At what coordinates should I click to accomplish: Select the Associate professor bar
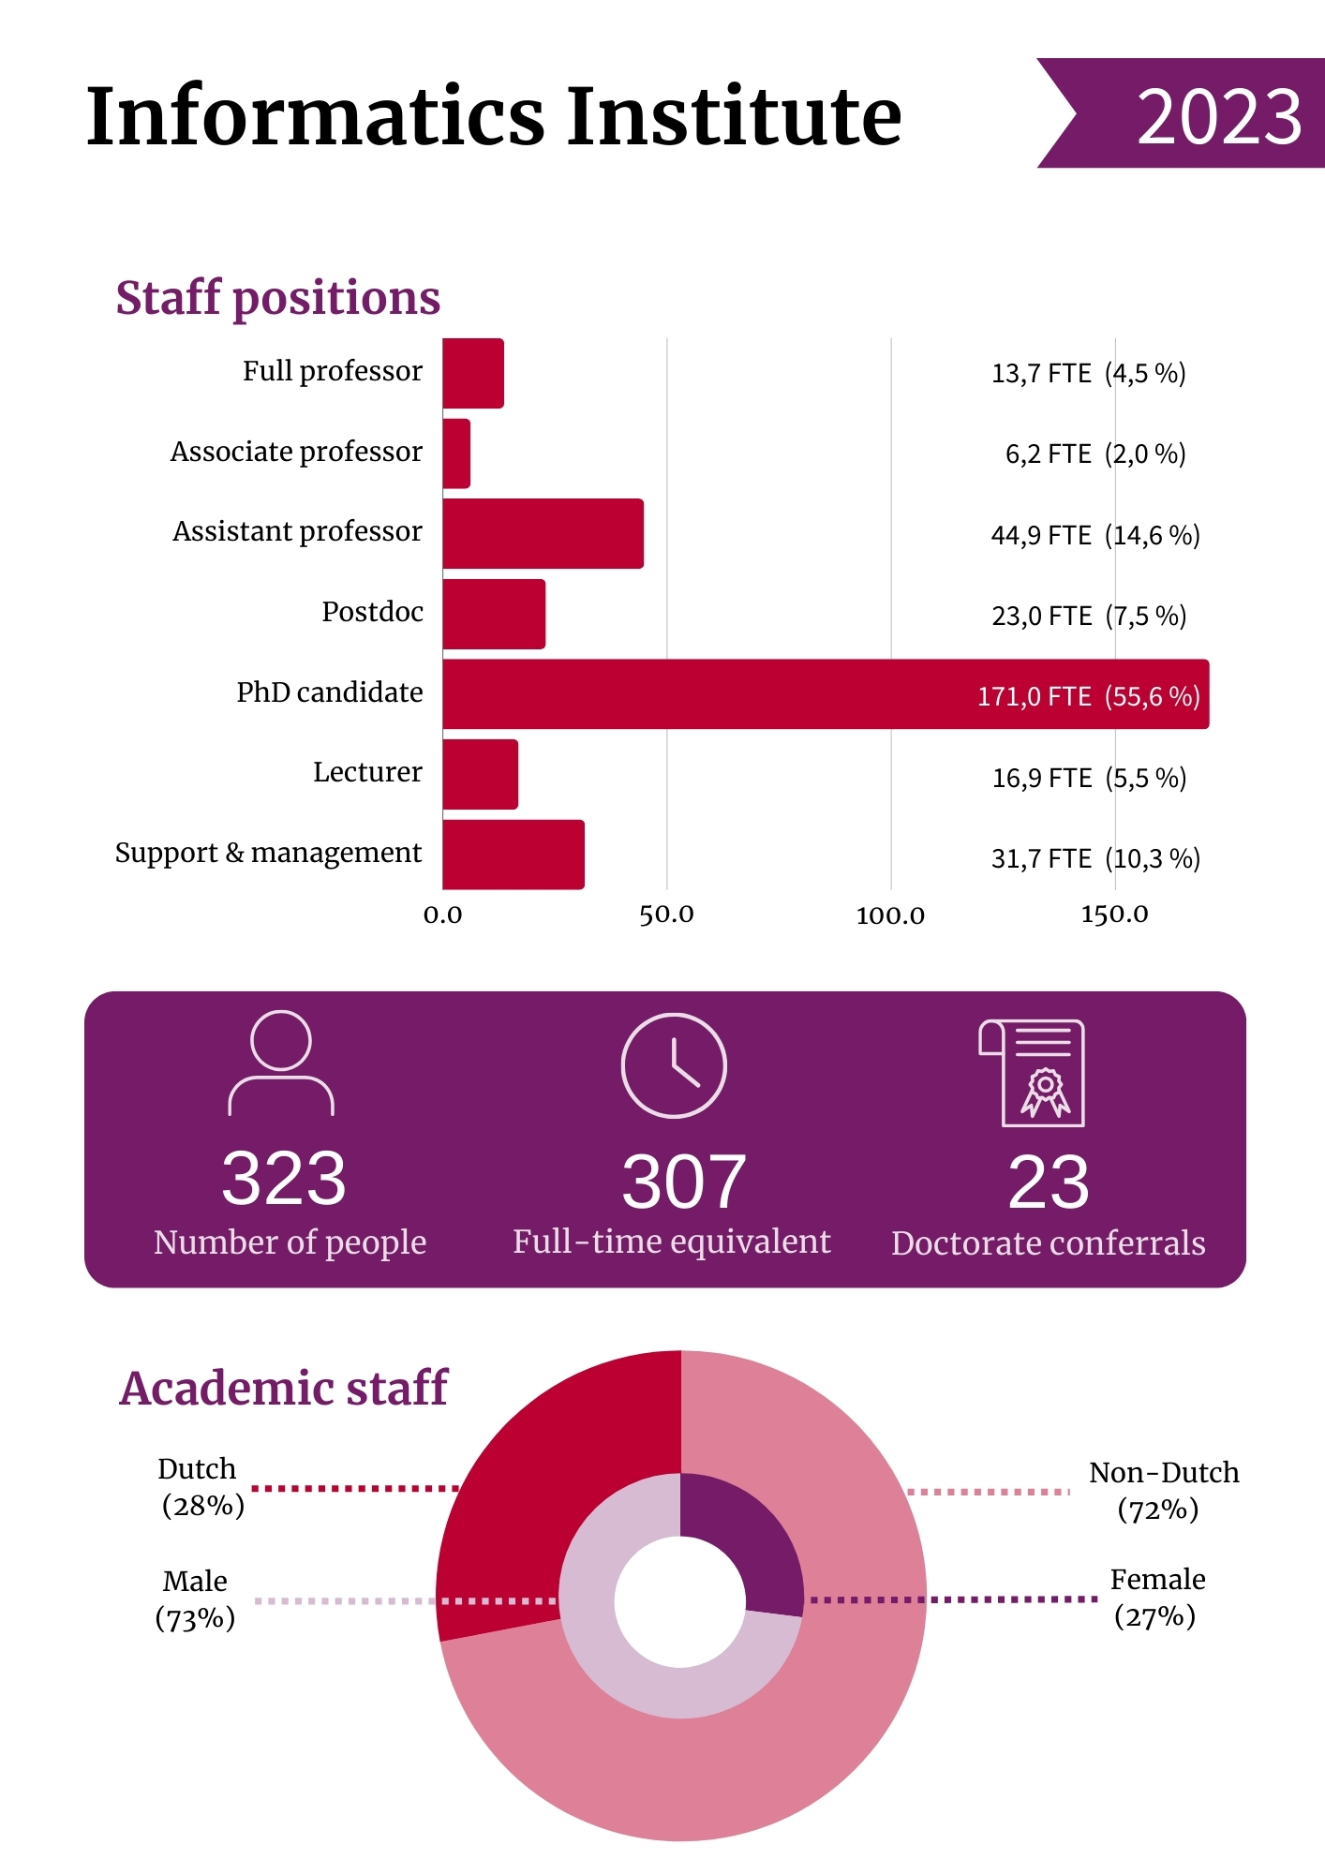pyautogui.click(x=457, y=454)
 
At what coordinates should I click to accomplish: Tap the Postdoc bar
pyautogui.click(x=494, y=615)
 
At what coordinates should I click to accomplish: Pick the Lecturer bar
pyautogui.click(x=480, y=775)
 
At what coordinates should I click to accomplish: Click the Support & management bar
pyautogui.click(x=514, y=855)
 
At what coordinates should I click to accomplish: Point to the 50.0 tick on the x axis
pyautogui.click(x=666, y=915)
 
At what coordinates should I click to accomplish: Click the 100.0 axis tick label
pyautogui.click(x=890, y=915)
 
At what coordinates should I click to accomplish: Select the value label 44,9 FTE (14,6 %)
pyautogui.click(x=1094, y=535)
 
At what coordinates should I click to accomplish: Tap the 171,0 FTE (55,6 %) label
pyautogui.click(x=1088, y=696)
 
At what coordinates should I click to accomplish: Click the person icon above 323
pyautogui.click(x=281, y=1063)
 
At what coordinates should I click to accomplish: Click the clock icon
pyautogui.click(x=674, y=1065)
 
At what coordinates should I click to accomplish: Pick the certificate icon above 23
pyautogui.click(x=1033, y=1073)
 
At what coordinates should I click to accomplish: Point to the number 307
pyautogui.click(x=684, y=1182)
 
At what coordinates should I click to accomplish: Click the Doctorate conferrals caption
pyautogui.click(x=1048, y=1243)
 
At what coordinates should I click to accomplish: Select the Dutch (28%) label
pyautogui.click(x=201, y=1487)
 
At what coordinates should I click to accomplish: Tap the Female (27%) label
pyautogui.click(x=1156, y=1598)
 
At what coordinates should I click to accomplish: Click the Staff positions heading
pyautogui.click(x=277, y=298)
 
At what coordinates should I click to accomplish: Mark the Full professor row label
pyautogui.click(x=332, y=371)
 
